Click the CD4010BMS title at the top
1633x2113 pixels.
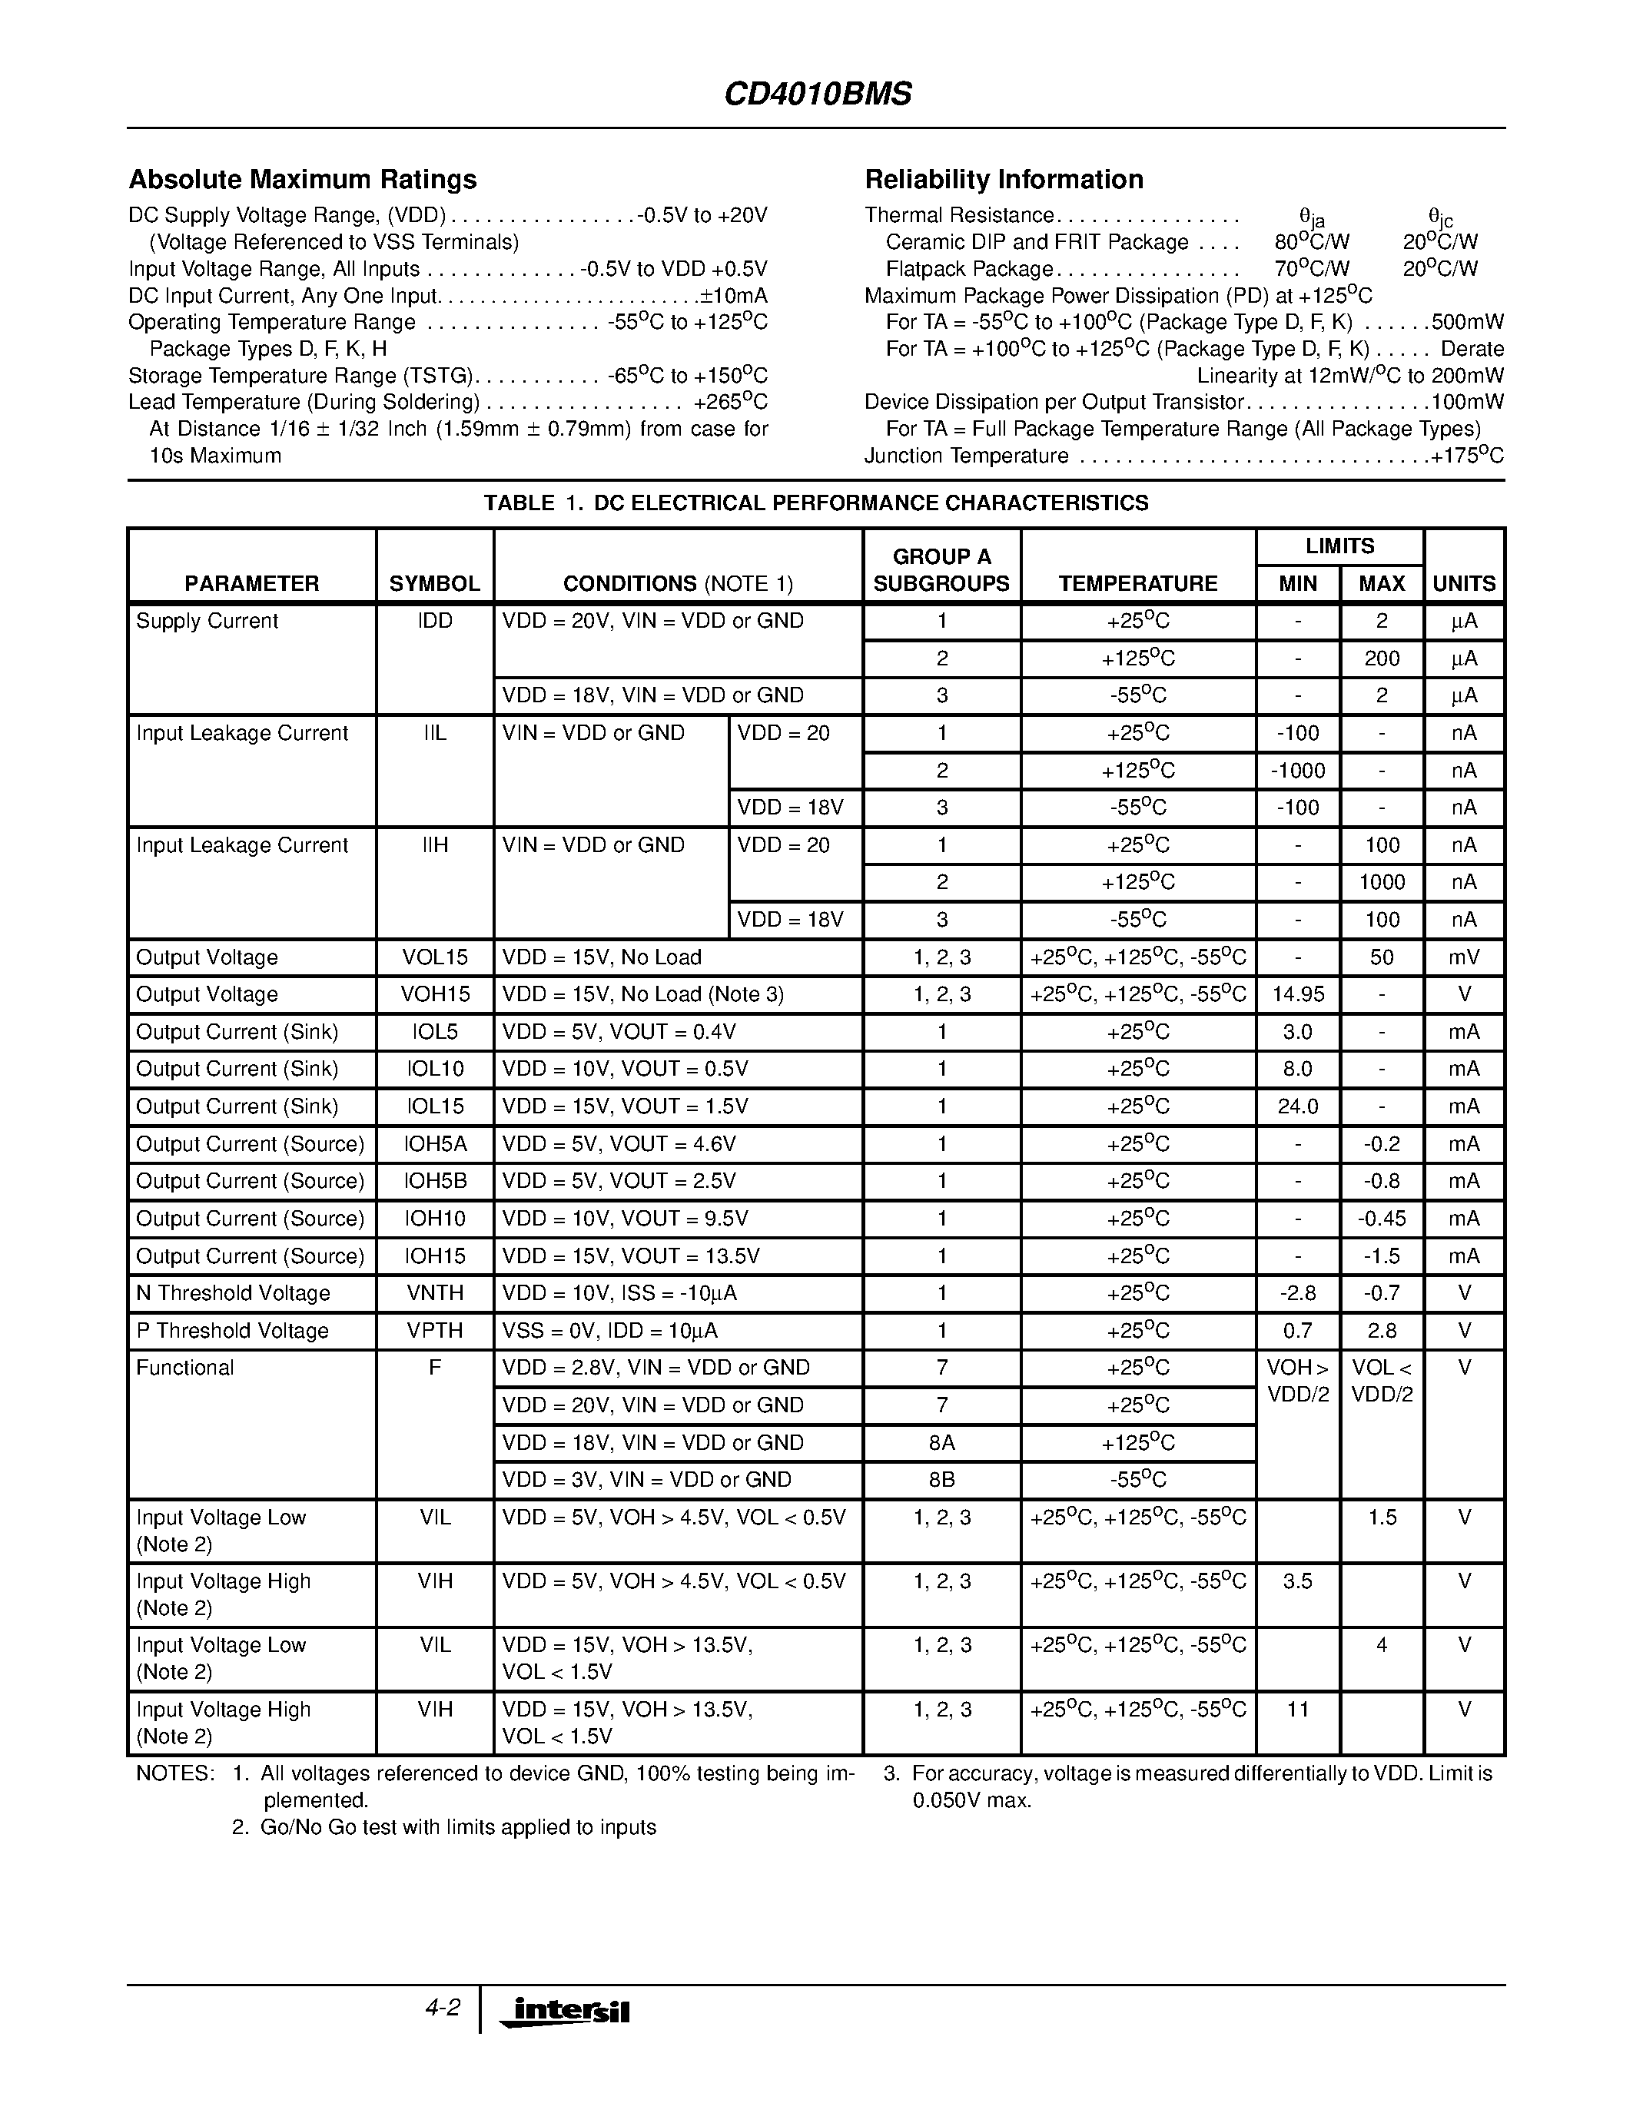coord(818,94)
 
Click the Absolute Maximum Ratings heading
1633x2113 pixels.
coord(303,180)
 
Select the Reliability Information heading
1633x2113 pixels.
coord(1003,180)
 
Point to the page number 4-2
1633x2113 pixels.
coord(442,2008)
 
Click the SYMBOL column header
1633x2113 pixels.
coord(434,583)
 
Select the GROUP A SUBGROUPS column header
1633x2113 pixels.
coord(941,570)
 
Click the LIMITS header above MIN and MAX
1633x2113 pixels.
coord(1339,546)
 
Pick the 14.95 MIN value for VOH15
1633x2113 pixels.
coord(1297,994)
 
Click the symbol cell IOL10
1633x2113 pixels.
coord(434,1069)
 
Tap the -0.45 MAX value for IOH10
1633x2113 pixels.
coord(1382,1219)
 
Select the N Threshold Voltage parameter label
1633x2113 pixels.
coord(233,1293)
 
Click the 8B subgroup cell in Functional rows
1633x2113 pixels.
coord(941,1481)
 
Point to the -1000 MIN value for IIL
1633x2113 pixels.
coord(1297,771)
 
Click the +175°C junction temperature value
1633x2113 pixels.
coord(1468,456)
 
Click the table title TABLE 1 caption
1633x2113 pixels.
coord(815,503)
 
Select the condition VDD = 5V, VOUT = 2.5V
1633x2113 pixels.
coord(619,1181)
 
